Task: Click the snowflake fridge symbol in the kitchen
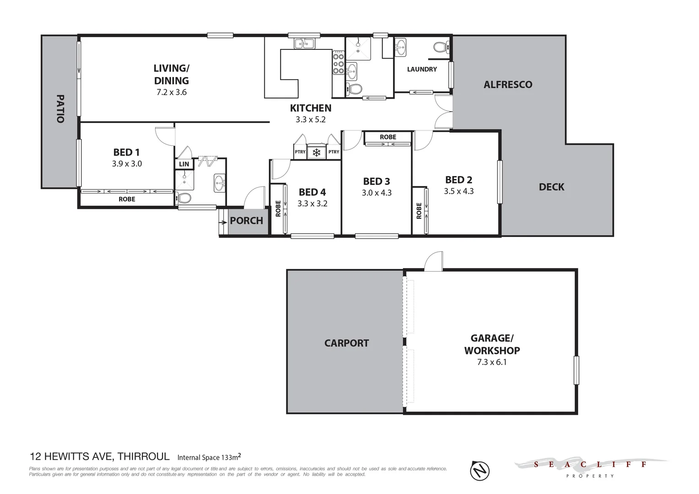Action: click(316, 152)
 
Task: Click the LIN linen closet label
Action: click(184, 164)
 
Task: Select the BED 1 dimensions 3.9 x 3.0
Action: click(127, 164)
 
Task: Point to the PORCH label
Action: click(246, 221)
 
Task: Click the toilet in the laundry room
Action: click(440, 47)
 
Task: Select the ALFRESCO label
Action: click(508, 85)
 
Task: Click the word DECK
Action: click(551, 187)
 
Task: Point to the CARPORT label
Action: click(346, 343)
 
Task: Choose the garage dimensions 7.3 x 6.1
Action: click(492, 362)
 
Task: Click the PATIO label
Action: click(60, 108)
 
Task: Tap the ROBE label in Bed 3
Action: click(388, 137)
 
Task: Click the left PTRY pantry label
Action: click(300, 152)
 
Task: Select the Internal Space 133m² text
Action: click(209, 457)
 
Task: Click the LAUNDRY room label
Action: click(422, 70)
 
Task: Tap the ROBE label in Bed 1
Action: click(127, 199)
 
